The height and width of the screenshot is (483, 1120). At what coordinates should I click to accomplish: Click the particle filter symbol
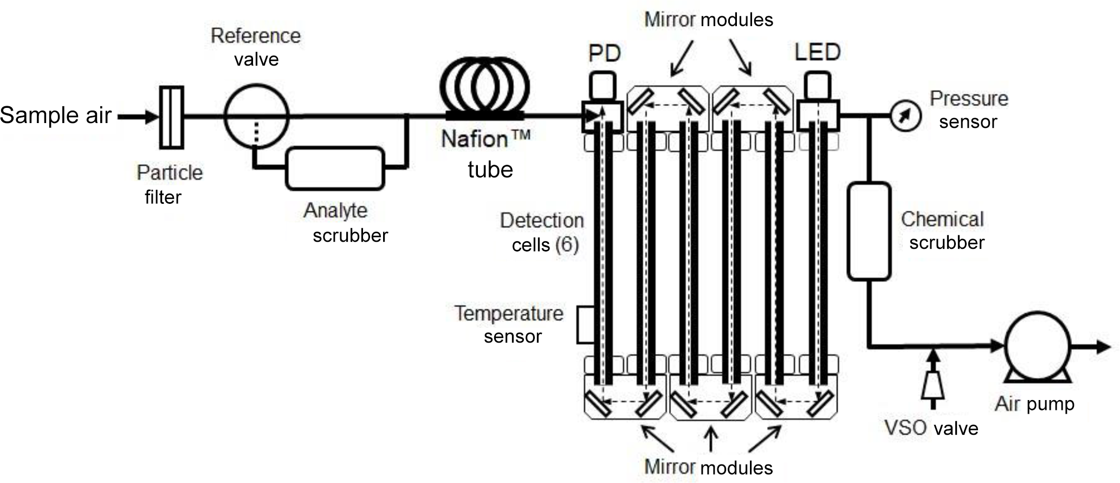click(172, 117)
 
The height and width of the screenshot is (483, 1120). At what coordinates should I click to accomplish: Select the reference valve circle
click(256, 115)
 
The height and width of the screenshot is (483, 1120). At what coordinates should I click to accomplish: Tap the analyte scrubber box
click(335, 169)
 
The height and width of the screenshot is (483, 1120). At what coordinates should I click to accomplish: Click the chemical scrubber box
click(869, 231)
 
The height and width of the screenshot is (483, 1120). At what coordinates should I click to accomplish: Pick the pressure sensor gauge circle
click(905, 116)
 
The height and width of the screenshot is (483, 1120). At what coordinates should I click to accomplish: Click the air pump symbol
click(1037, 345)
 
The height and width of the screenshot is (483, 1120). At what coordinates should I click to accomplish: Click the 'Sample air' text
click(56, 115)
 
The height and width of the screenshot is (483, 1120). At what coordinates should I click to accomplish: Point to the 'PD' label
click(604, 53)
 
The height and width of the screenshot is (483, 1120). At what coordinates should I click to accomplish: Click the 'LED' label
click(817, 53)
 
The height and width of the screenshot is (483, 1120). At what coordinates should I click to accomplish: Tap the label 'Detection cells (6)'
click(542, 233)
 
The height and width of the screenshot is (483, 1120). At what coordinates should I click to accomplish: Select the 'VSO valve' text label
click(931, 428)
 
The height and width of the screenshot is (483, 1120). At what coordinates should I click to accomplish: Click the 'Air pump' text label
click(1034, 404)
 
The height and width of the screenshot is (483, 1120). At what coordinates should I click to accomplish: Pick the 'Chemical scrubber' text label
click(943, 230)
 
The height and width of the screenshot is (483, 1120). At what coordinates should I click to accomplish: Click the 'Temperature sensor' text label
click(509, 325)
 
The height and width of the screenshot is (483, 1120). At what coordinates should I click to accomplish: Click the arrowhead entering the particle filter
click(152, 117)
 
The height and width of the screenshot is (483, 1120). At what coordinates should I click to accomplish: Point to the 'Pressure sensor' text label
click(969, 110)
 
